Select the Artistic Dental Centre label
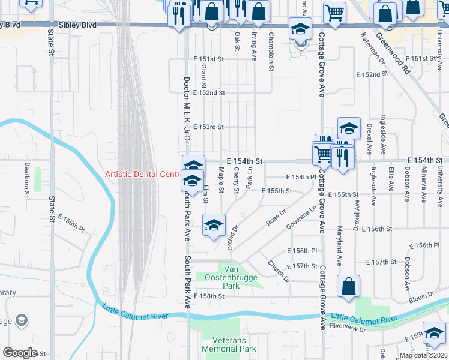(142, 174)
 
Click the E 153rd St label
(208, 127)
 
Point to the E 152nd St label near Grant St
(209, 93)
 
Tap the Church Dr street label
(279, 272)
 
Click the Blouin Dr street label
(422, 295)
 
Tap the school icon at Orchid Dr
(214, 226)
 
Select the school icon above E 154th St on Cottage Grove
(349, 128)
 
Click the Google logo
(20, 353)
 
